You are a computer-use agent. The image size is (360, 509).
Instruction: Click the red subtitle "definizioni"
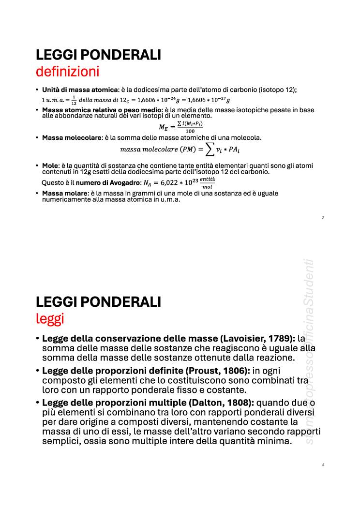tap(67, 72)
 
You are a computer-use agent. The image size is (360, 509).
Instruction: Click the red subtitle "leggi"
tap(49, 319)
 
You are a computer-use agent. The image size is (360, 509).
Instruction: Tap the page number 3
tap(323, 218)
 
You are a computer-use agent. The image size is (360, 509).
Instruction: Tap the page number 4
tap(323, 465)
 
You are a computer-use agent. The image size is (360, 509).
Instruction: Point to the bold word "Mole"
tap(50, 165)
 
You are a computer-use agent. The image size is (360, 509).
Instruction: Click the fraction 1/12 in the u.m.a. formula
tap(74, 100)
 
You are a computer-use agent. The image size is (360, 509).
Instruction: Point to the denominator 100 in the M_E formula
tap(190, 131)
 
